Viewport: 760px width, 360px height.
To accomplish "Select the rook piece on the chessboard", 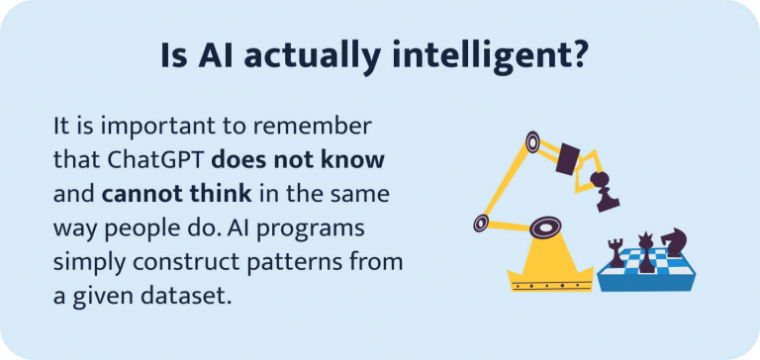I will [x=617, y=252].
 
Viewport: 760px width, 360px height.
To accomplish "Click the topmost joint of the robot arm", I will [x=534, y=144].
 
